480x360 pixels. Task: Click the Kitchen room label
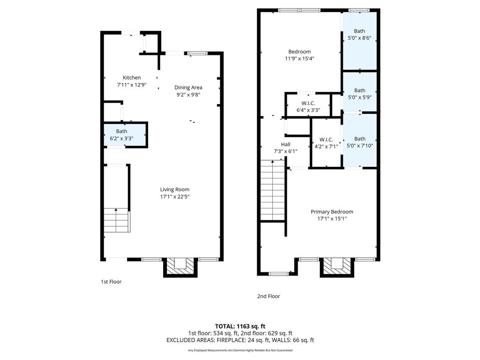132,78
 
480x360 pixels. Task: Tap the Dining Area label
188,88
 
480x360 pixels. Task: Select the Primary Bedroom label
332,212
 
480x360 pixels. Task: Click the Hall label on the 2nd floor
285,144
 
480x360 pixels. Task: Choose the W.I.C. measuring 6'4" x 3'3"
308,106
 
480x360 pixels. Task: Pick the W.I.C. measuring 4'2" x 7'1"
326,143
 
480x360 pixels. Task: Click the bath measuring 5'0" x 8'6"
360,35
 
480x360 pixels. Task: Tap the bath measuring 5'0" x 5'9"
360,94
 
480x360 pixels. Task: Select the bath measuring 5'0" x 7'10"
360,142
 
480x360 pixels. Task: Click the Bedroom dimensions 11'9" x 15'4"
299,59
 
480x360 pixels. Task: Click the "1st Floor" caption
111,282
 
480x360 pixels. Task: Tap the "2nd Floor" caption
268,296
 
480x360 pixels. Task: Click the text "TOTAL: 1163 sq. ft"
240,326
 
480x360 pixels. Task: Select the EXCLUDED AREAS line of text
240,340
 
